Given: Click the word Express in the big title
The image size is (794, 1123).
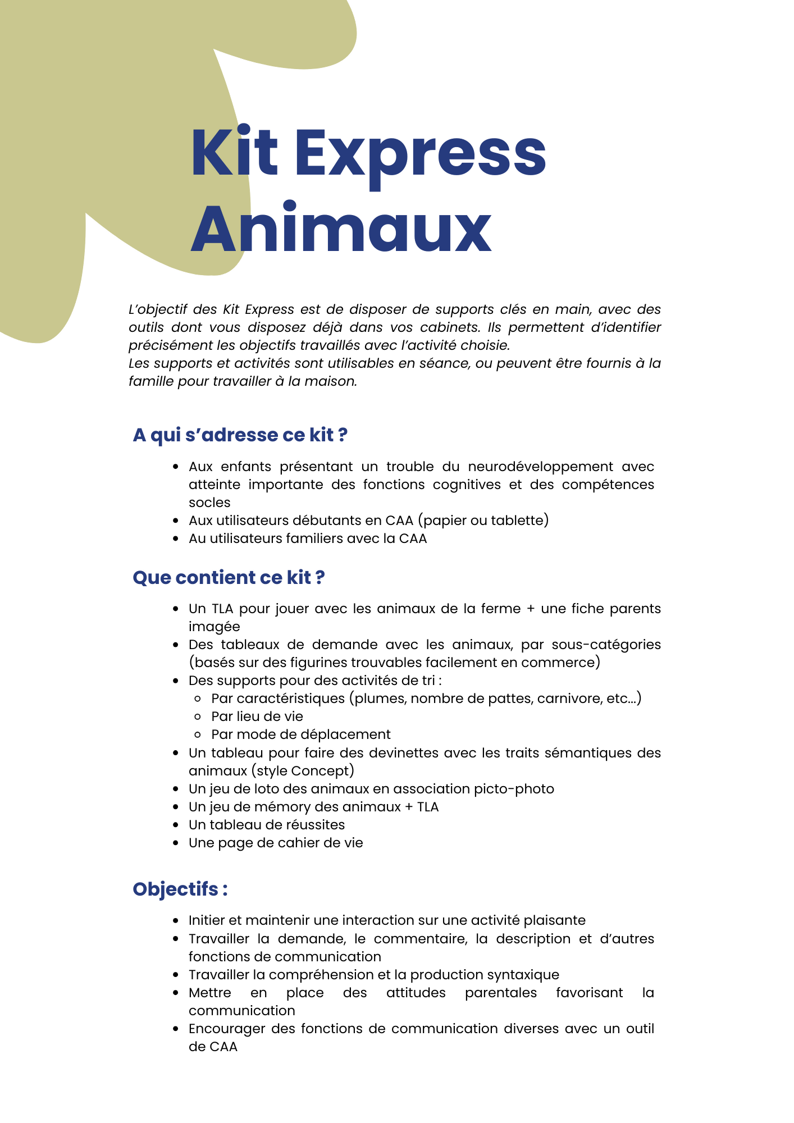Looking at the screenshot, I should point(420,153).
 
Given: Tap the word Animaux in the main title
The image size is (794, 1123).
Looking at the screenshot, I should point(341,229).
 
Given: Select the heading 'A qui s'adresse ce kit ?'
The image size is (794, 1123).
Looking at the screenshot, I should point(240,435).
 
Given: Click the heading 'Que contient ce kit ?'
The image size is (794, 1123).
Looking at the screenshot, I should point(229,578).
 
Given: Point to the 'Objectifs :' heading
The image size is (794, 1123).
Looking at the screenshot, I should point(180,889).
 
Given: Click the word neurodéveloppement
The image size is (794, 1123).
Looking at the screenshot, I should point(540,467).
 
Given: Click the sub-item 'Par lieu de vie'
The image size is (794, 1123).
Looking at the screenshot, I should point(257,716).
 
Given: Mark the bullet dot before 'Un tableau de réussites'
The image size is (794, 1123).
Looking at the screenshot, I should point(176,825).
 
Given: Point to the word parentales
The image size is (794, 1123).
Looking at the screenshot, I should point(500,993).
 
